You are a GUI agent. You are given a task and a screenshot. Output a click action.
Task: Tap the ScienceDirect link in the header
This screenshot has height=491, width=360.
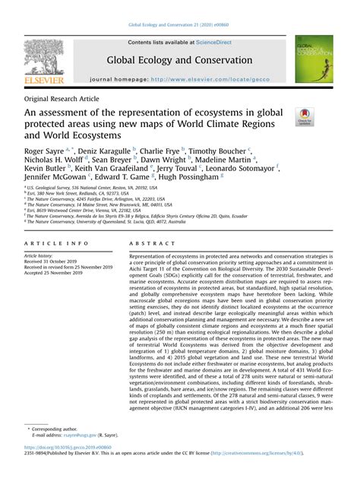click(x=215, y=43)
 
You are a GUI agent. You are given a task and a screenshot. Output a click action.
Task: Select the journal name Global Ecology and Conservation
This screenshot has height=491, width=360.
click(x=180, y=60)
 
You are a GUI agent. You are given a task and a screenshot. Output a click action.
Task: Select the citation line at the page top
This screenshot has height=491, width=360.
click(x=180, y=25)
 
